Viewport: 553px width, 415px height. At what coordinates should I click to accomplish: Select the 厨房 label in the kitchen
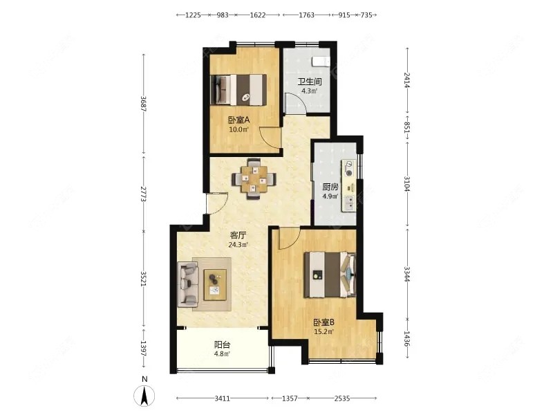pos(330,187)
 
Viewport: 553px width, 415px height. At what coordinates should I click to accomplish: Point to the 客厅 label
pos(239,235)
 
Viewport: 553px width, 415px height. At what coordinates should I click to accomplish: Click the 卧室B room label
pos(324,322)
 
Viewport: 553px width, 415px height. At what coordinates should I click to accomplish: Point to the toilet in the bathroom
pos(320,60)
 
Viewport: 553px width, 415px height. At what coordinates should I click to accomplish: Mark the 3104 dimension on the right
pos(407,184)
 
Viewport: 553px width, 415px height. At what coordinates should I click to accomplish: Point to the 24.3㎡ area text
pos(239,243)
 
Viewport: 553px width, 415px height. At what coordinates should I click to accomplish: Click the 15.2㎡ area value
pos(324,331)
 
